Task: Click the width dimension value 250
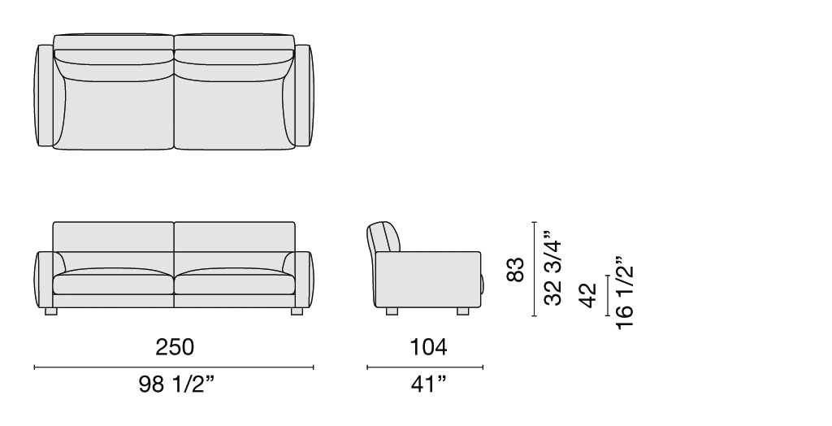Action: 175,347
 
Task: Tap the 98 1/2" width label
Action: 177,385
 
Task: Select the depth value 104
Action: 428,347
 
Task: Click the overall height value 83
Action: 515,269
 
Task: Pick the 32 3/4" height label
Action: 552,268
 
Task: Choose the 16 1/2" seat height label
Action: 625,293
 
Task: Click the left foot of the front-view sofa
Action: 51,311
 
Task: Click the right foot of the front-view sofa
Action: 297,311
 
